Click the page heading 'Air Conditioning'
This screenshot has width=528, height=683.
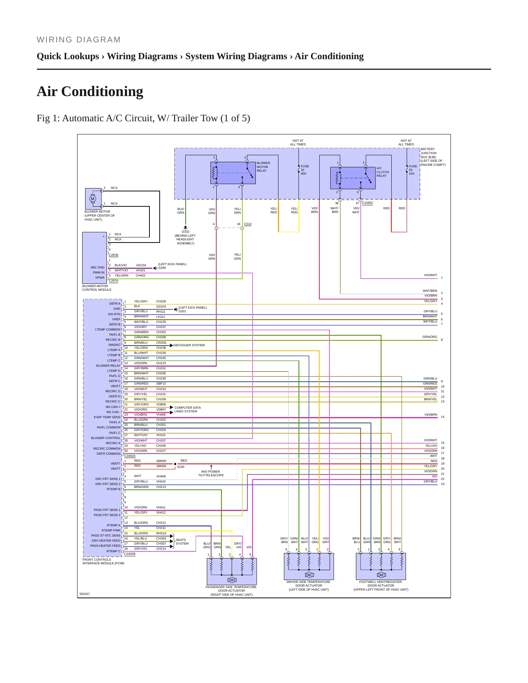coord(90,91)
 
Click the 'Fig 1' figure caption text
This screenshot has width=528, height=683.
coord(143,118)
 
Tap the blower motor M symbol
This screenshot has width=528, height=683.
coord(92,199)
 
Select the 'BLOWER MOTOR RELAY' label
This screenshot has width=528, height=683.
coord(263,167)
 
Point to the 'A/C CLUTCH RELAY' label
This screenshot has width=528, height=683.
coord(383,172)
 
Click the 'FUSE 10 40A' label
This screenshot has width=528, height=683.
coord(304,170)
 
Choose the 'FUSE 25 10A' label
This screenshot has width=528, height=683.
coord(413,170)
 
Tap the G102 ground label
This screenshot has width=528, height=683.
coord(186,232)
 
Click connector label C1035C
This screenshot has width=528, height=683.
coord(368,203)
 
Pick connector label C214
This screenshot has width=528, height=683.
coord(248,224)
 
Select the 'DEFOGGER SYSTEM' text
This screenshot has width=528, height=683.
coord(189,345)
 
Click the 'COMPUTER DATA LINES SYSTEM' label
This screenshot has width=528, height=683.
coord(187,409)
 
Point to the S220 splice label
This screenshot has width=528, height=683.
coord(181,467)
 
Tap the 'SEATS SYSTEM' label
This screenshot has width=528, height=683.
coord(182,542)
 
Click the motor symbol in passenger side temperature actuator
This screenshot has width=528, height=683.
coord(232,580)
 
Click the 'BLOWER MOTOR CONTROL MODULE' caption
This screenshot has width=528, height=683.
coord(97,288)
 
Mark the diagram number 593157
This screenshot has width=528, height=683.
coord(84,594)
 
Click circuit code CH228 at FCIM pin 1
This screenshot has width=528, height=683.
coord(161,301)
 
